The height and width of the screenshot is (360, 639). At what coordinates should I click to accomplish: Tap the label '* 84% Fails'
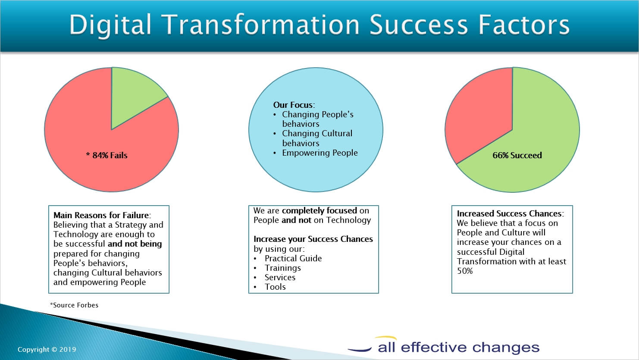[x=106, y=156]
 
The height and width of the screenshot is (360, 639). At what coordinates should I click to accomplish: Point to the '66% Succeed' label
[x=517, y=156]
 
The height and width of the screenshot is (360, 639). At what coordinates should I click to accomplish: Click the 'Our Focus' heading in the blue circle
[x=293, y=105]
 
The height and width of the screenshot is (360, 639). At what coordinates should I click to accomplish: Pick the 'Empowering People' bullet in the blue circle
[x=320, y=153]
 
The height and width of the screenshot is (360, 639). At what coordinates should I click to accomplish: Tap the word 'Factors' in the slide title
[x=524, y=25]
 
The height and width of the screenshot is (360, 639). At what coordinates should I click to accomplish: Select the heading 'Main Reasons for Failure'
[x=101, y=215]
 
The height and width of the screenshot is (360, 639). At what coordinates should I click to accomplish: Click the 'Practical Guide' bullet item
[x=293, y=258]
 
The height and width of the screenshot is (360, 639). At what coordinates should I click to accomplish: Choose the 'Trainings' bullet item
[x=282, y=268]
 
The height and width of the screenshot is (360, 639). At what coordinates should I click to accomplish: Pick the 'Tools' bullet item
[x=275, y=287]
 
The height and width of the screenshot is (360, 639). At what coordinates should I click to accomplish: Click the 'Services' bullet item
[x=280, y=278]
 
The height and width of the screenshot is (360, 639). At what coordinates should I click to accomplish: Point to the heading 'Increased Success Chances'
[x=509, y=214]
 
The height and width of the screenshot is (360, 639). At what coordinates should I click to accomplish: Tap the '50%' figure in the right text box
[x=465, y=271]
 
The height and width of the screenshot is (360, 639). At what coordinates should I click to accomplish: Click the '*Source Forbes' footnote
[x=74, y=305]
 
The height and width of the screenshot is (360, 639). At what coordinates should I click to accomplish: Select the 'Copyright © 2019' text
[x=47, y=350]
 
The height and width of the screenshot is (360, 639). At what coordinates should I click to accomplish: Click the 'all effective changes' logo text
[x=459, y=347]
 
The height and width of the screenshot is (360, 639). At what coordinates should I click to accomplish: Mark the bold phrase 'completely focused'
[x=319, y=211]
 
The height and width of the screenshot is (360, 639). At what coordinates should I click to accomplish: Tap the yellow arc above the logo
[x=385, y=338]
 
